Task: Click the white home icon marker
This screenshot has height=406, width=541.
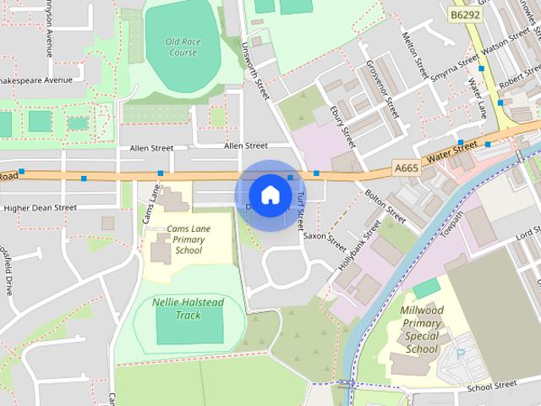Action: [270, 195]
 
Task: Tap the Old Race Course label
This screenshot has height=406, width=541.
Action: [182, 47]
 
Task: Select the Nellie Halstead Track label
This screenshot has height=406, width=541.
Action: [177, 309]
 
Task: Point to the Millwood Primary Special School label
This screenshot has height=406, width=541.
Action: [421, 329]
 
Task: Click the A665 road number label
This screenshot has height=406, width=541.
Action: [407, 169]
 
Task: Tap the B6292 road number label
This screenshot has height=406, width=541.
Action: [465, 15]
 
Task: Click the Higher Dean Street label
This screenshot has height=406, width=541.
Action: [41, 207]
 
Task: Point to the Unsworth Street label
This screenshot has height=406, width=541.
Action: [254, 71]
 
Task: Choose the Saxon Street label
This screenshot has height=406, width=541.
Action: [325, 236]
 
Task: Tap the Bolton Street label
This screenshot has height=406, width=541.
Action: [385, 206]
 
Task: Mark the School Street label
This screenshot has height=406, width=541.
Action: [490, 386]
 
